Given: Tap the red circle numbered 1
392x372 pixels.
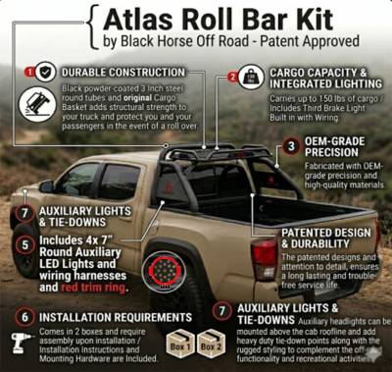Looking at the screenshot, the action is (27, 72).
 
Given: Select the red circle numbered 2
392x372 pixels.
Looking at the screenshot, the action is (233, 77).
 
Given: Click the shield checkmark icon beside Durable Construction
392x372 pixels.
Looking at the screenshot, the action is (46, 72).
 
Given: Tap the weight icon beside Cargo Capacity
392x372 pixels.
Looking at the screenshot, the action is (253, 77).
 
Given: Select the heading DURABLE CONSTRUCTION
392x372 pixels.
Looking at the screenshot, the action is (121, 72).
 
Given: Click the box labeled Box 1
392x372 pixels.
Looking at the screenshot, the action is (179, 345).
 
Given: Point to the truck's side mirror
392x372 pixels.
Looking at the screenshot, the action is (46, 186).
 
